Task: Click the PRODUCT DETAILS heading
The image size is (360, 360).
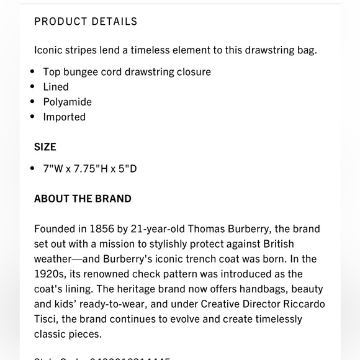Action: [86, 22]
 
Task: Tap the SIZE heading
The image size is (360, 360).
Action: [45, 147]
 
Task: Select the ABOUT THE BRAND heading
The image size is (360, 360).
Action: [83, 199]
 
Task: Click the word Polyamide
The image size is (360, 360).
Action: [67, 102]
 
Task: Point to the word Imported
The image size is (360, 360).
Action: [64, 117]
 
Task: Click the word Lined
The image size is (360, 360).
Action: [56, 87]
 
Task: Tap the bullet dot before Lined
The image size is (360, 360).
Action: [33, 87]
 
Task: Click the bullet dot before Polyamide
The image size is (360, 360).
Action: [33, 102]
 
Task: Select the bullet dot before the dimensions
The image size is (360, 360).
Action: [33, 169]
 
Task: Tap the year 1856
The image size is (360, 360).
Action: [101, 229]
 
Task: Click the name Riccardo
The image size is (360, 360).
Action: [303, 304]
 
